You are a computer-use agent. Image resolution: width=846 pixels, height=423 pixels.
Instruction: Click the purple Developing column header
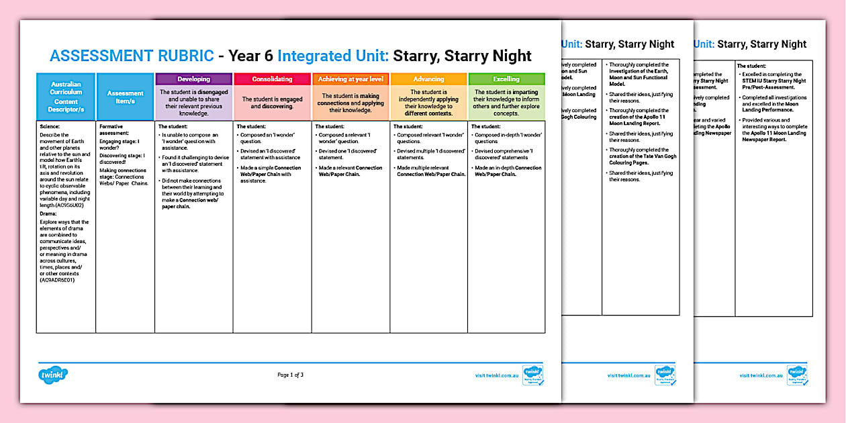(x=194, y=79)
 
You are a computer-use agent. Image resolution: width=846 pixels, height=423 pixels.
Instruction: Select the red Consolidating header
(x=272, y=79)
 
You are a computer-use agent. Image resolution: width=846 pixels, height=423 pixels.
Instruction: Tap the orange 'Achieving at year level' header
(x=350, y=79)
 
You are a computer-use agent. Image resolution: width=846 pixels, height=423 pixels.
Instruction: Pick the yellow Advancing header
(x=428, y=79)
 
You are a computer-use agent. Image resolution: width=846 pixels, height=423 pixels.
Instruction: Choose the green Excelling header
(x=506, y=79)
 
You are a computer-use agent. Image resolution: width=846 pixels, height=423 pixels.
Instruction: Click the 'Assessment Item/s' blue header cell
(x=125, y=97)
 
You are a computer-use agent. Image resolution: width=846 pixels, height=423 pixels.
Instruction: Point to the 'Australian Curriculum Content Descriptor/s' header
(x=66, y=97)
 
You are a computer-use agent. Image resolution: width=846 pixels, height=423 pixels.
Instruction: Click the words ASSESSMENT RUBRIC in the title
(x=132, y=56)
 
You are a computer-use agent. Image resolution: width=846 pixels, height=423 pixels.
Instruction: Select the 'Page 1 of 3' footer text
(x=290, y=375)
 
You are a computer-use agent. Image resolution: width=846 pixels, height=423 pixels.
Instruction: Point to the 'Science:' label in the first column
(x=50, y=126)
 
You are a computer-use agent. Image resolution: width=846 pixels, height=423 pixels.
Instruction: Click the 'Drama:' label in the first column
(x=49, y=214)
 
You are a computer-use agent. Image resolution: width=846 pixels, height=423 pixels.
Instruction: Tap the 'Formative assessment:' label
(x=114, y=130)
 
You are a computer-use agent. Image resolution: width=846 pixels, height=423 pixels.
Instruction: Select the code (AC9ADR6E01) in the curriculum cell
(x=57, y=279)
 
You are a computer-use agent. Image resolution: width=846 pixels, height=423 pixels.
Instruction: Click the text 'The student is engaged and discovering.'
(x=272, y=103)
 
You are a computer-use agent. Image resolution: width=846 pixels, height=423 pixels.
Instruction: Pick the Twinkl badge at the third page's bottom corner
(x=797, y=375)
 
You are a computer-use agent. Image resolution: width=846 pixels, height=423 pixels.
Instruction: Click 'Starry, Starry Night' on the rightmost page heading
(x=762, y=44)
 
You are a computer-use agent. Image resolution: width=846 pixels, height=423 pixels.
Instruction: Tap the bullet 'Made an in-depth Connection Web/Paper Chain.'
(x=508, y=171)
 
